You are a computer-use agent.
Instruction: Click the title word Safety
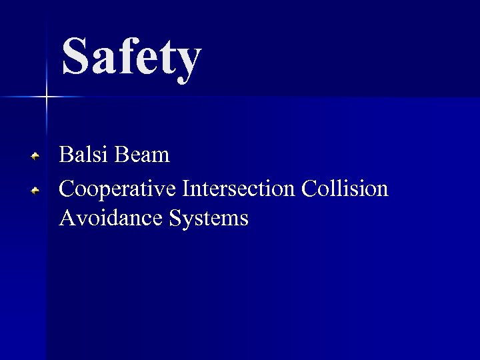pyautogui.click(x=131, y=57)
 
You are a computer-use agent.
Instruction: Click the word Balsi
pyautogui.click(x=84, y=155)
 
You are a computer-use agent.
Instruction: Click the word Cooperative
pyautogui.click(x=117, y=189)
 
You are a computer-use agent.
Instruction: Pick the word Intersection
pyautogui.click(x=239, y=189)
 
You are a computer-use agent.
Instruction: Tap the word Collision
pyautogui.click(x=345, y=189)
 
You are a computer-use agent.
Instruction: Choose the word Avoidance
pyautogui.click(x=111, y=218)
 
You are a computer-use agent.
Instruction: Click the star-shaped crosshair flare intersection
pyautogui.click(x=47, y=97)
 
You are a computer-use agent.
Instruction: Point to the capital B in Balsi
pyautogui.click(x=66, y=155)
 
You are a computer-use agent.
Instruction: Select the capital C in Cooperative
pyautogui.click(x=67, y=189)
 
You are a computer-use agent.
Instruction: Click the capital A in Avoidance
pyautogui.click(x=67, y=218)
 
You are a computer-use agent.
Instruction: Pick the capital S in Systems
pyautogui.click(x=175, y=218)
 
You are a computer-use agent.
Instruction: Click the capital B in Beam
pyautogui.click(x=121, y=155)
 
